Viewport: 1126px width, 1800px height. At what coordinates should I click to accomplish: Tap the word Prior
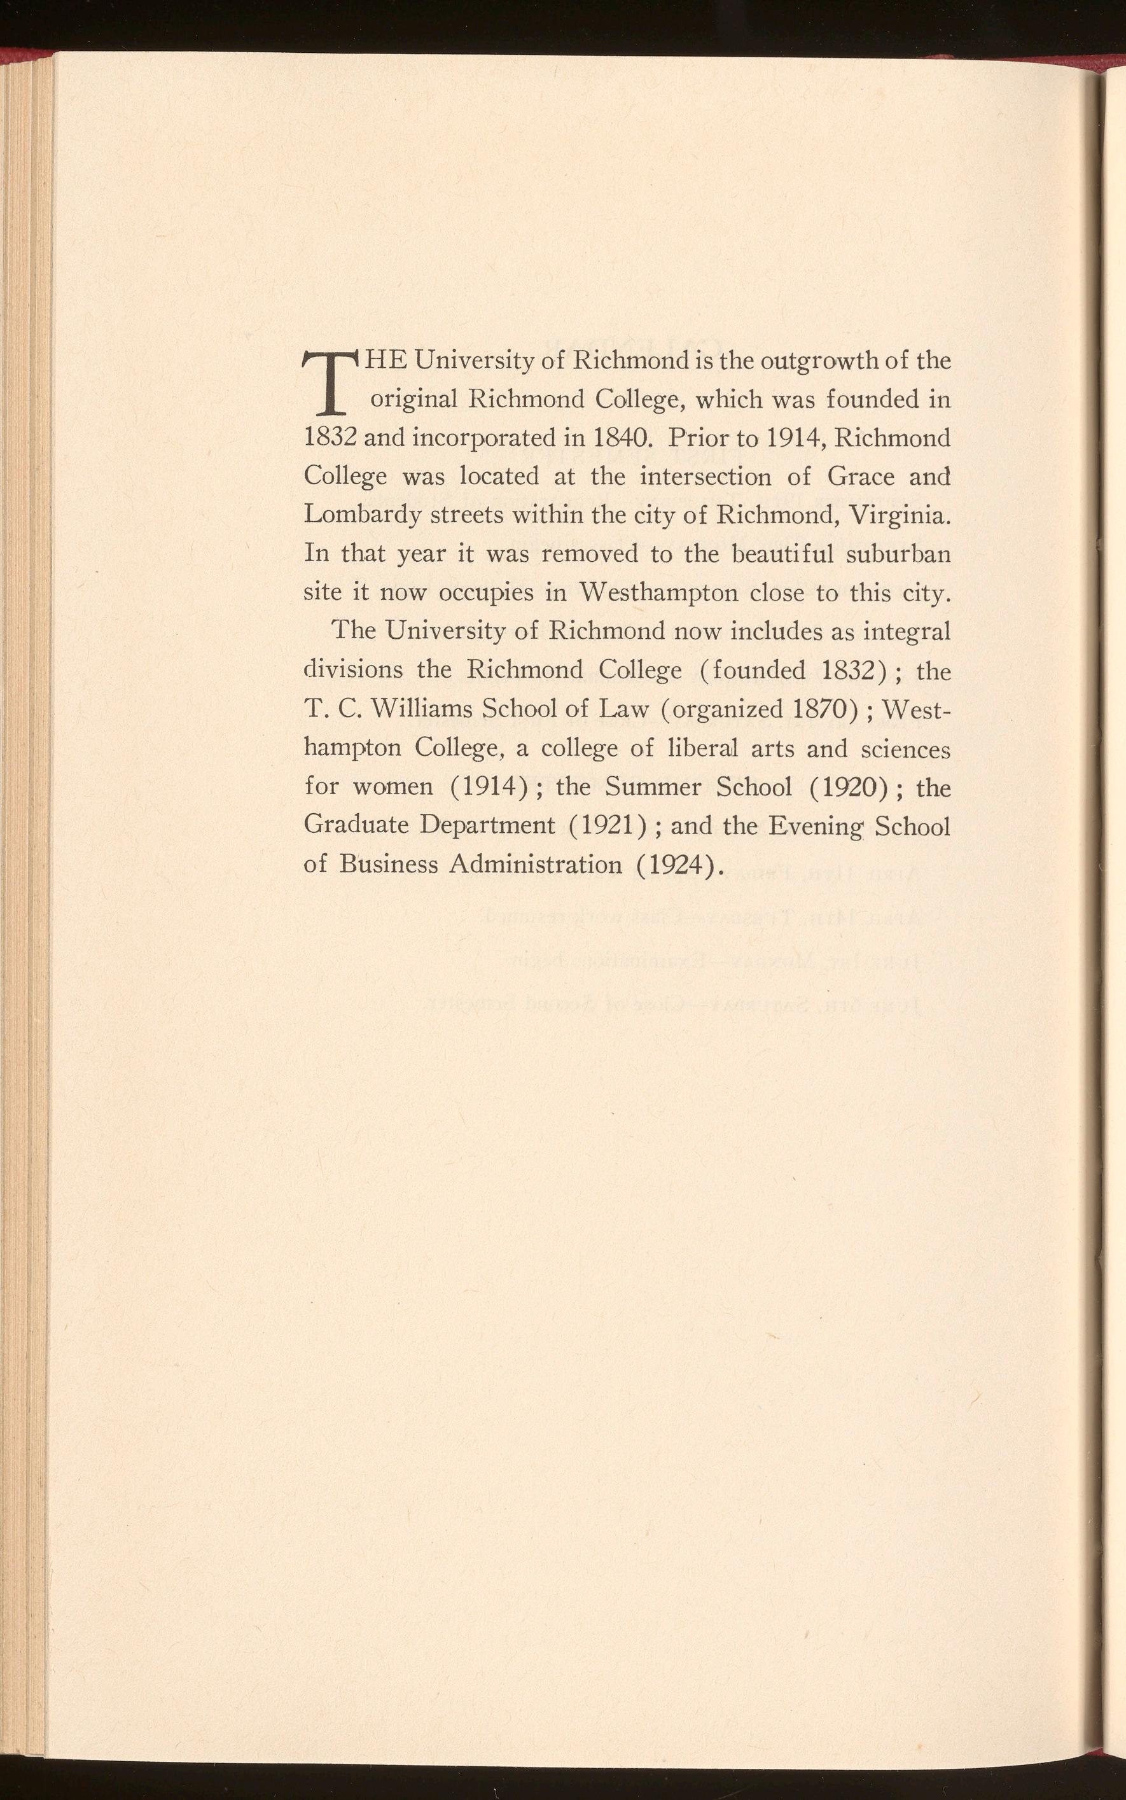click(700, 437)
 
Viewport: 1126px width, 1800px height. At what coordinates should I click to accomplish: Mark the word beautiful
click(788, 554)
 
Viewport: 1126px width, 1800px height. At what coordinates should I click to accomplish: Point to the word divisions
click(353, 669)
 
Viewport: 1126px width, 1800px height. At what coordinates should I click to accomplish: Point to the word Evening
click(814, 826)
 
